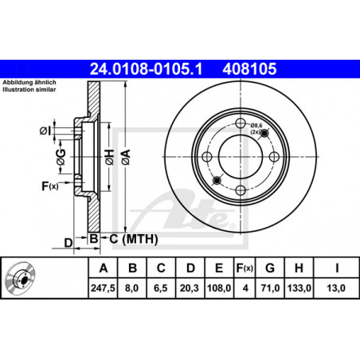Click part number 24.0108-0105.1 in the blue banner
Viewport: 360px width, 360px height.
(x=146, y=69)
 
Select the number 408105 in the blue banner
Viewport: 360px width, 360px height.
(x=249, y=69)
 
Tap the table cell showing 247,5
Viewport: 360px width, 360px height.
(x=103, y=288)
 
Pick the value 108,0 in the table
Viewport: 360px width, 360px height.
(x=219, y=288)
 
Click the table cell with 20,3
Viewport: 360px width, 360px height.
(x=190, y=288)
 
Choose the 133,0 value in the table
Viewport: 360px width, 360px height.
(x=299, y=288)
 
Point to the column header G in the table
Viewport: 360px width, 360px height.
(x=270, y=268)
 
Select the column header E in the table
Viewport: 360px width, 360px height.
(x=219, y=268)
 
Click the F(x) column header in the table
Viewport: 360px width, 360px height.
(x=245, y=268)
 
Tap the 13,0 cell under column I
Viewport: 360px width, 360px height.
(x=336, y=288)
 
